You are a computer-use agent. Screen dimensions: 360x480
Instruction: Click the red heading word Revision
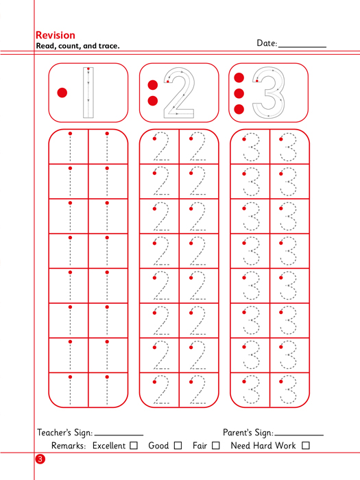click(x=56, y=35)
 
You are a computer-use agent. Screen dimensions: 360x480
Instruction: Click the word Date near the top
click(x=266, y=43)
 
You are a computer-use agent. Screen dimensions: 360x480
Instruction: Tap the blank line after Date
click(x=302, y=47)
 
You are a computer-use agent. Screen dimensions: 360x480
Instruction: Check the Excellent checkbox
click(x=134, y=446)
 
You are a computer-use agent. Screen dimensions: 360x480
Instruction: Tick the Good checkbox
click(x=178, y=446)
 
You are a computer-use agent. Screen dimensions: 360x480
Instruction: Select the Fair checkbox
click(x=216, y=446)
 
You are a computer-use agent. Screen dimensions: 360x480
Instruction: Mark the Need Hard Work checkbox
click(x=306, y=446)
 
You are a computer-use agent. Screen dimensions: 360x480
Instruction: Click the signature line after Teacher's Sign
click(x=119, y=435)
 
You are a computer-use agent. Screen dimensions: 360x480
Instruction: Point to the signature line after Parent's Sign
click(x=299, y=435)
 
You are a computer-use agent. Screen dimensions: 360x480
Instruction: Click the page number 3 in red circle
click(x=40, y=459)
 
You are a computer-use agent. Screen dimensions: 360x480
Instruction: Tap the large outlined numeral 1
click(x=88, y=93)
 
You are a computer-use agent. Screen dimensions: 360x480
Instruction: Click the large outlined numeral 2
click(x=179, y=93)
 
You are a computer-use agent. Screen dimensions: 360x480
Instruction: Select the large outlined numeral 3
click(x=269, y=93)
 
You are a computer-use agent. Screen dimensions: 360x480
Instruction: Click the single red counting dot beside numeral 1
click(x=62, y=93)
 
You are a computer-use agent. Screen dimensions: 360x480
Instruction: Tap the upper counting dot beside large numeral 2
click(x=153, y=85)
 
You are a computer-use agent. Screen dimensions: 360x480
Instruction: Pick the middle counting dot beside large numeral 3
click(x=239, y=93)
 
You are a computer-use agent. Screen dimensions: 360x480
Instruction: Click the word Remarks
click(x=69, y=446)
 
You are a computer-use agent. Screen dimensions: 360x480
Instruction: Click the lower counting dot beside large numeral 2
click(x=153, y=101)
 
